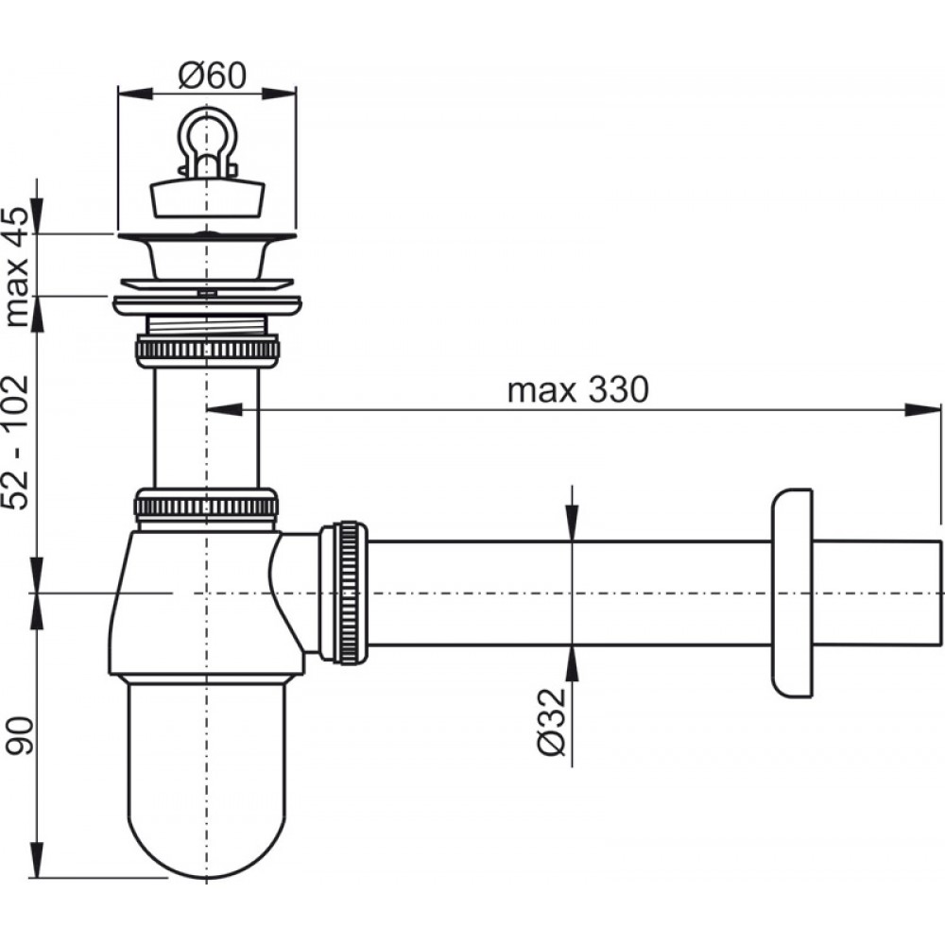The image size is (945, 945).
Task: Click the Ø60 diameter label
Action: point(212,76)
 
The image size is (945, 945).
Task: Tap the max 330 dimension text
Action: point(578,389)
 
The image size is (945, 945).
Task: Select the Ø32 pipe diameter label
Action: point(552,722)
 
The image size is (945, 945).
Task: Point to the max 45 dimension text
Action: point(16,267)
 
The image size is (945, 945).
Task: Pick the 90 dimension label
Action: point(18,736)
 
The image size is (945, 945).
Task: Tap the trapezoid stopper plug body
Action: point(207,198)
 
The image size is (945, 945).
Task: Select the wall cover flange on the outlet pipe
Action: point(792,593)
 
